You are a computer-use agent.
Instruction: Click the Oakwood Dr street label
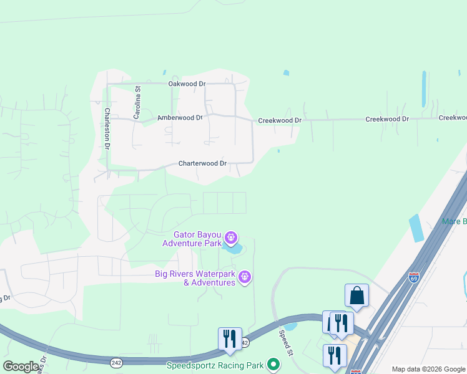187,84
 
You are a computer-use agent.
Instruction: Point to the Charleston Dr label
107,128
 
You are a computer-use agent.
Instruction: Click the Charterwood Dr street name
202,163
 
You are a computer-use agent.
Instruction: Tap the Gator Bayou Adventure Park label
197,239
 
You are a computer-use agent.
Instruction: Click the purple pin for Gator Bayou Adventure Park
231,237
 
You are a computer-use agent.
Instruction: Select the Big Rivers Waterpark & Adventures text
195,277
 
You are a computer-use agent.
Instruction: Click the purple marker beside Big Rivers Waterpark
245,276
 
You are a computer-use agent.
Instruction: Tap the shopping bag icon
356,295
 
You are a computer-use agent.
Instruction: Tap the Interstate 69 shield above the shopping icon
414,277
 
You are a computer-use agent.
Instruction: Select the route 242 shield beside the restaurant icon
245,343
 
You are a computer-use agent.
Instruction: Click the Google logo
21,367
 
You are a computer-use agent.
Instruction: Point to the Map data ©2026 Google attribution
428,369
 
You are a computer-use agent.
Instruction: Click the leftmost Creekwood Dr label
280,120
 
